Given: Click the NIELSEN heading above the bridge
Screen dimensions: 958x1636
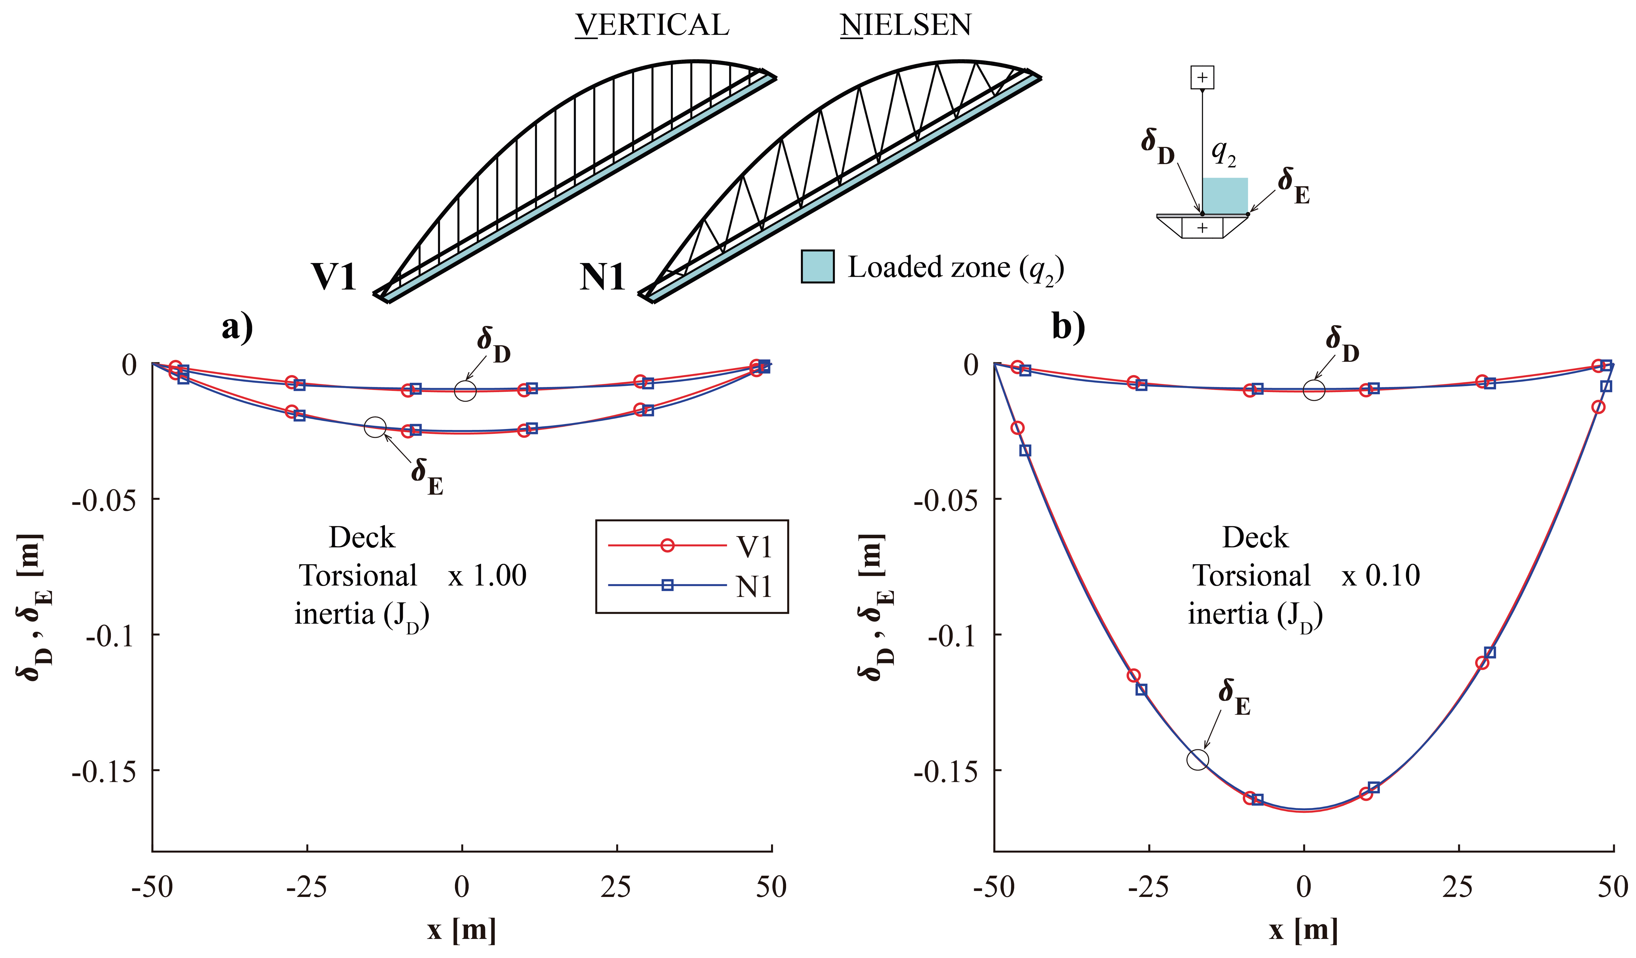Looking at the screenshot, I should [906, 25].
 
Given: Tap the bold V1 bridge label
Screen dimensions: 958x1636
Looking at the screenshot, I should [334, 277].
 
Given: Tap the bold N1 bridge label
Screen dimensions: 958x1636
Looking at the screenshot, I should [602, 277].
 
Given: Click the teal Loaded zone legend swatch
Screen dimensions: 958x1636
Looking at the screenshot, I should [817, 266].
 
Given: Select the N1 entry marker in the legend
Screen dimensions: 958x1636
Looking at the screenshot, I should [667, 585].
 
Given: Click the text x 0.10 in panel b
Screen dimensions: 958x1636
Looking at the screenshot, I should [1381, 575].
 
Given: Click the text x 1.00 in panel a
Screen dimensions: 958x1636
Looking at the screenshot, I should [487, 575].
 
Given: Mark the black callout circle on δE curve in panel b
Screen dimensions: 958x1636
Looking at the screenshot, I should [1198, 759].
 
